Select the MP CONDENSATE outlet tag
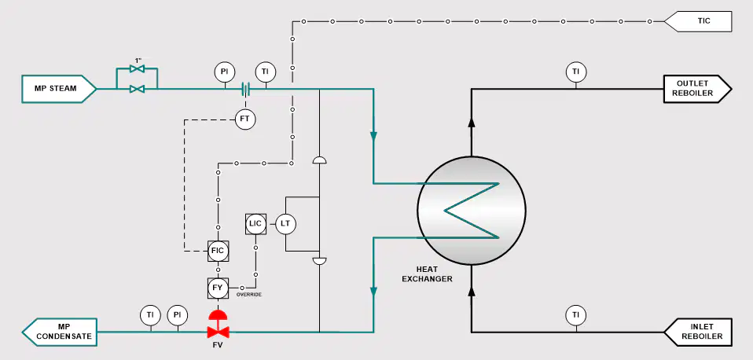click(59, 332)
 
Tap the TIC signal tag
click(698, 21)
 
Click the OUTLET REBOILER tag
click(697, 89)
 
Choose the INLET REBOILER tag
click(698, 332)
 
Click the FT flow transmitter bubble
click(245, 119)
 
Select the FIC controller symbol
click(218, 251)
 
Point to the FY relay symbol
click(218, 288)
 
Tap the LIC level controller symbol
click(255, 224)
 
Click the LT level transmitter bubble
click(285, 224)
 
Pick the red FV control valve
click(218, 325)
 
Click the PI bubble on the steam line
click(224, 72)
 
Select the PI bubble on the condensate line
click(177, 315)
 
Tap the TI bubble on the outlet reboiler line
click(575, 72)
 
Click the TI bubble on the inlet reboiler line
click(575, 315)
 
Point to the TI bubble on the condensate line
click(150, 315)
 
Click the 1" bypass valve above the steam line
click(138, 69)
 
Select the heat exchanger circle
click(471, 211)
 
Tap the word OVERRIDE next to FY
click(249, 294)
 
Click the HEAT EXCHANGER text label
click(427, 274)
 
